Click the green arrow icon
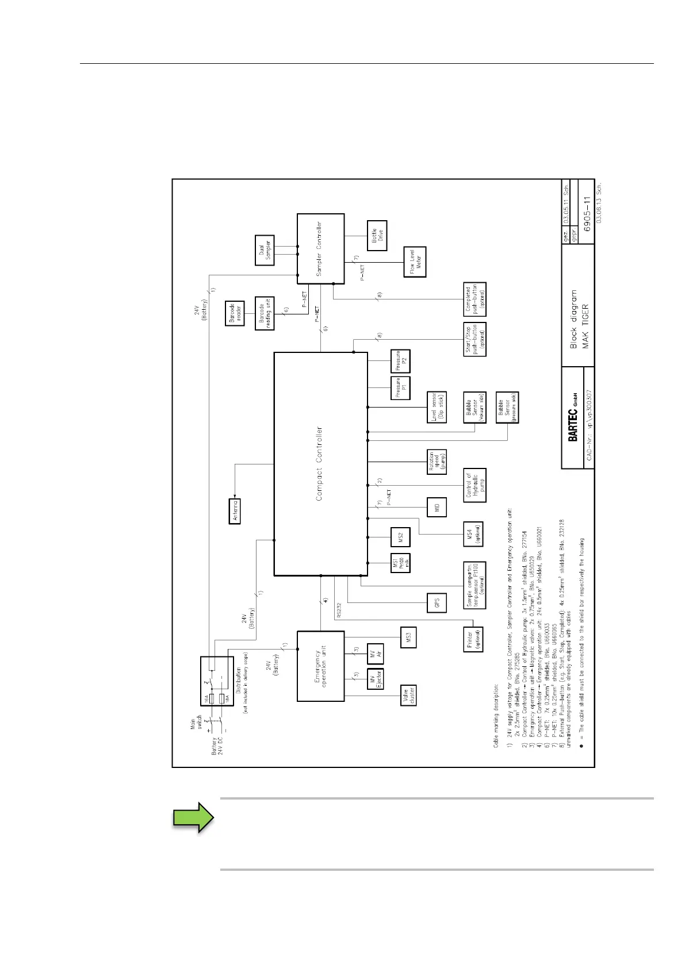click(x=194, y=817)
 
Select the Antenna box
click(x=235, y=510)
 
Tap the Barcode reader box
click(x=235, y=314)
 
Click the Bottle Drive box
click(x=377, y=236)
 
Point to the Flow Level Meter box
click(x=415, y=262)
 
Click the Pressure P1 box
click(x=400, y=388)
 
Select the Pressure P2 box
click(x=400, y=360)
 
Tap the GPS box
click(x=437, y=603)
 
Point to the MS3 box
click(x=407, y=637)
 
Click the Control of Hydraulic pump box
click(x=474, y=485)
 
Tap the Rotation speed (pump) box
click(x=437, y=462)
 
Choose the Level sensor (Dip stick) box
click(x=437, y=408)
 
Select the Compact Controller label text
click(x=319, y=463)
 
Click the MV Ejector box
click(x=374, y=679)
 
